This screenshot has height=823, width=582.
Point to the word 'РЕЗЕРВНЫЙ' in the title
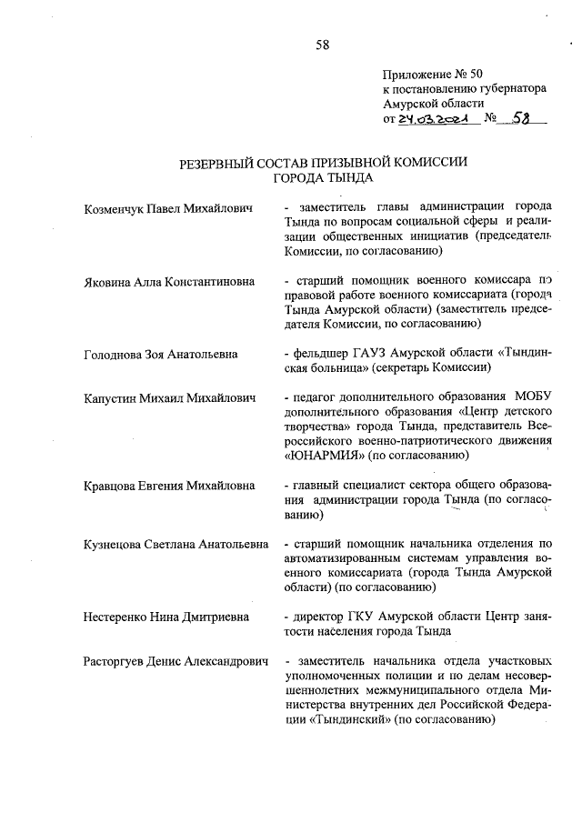coord(219,164)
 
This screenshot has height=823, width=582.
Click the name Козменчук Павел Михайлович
coord(152,210)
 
